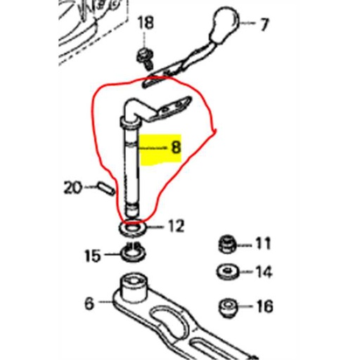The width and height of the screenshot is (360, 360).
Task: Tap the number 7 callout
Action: click(264, 25)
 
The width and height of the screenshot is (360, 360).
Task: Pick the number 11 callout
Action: click(262, 244)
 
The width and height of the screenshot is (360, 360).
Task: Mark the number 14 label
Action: click(263, 271)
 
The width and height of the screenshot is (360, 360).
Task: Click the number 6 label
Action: click(89, 304)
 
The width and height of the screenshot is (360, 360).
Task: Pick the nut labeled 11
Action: click(226, 245)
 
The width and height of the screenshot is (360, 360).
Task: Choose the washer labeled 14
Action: click(226, 271)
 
